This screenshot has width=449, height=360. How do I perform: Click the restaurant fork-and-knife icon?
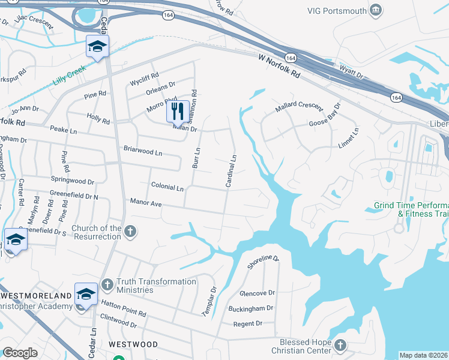coord(177,110)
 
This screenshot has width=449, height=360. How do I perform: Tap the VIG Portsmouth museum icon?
coord(376,10)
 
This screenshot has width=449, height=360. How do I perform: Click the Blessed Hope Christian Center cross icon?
coord(340,345)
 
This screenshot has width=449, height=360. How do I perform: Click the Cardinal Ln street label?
coord(230,171)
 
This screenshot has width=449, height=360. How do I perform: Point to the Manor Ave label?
coord(146,203)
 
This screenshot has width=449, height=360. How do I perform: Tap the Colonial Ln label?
coord(167,187)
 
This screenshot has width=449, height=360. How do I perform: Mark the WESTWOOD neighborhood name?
coord(134,344)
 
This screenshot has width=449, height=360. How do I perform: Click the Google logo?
coord(19,353)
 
